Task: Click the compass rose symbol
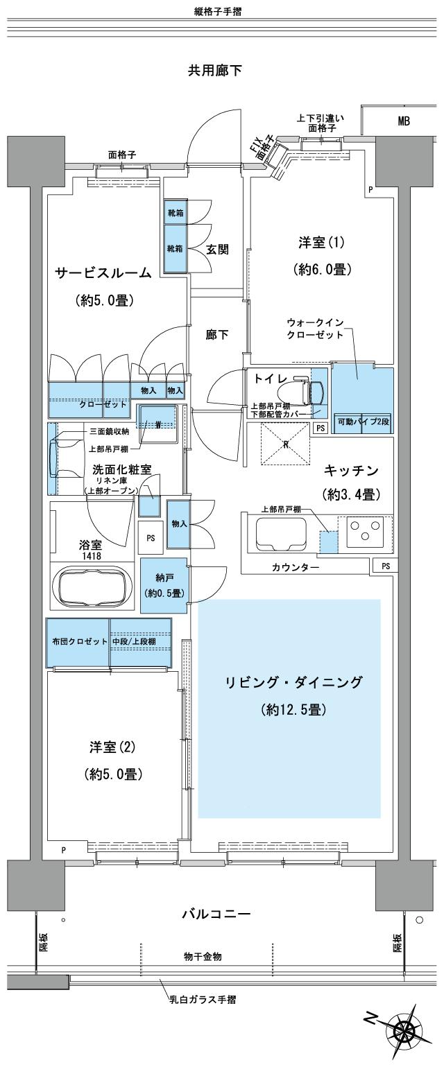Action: click(x=402, y=1032)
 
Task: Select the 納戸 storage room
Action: click(x=163, y=587)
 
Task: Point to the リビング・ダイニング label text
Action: click(x=294, y=683)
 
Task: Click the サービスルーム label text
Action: click(x=104, y=273)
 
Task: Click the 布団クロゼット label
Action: click(x=77, y=641)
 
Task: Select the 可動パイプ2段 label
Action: click(x=361, y=422)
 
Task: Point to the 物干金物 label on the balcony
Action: click(x=204, y=957)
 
